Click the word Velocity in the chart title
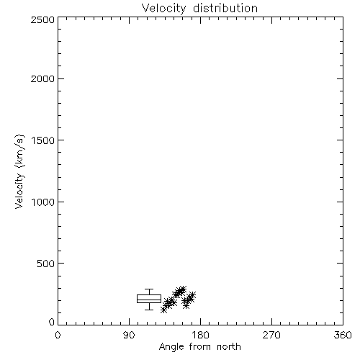point(163,9)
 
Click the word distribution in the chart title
point(225,8)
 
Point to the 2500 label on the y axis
point(42,19)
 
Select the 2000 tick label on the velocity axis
point(42,78)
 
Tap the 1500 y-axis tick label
point(43,140)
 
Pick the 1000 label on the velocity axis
point(43,202)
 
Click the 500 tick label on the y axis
point(46,264)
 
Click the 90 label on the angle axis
point(129,335)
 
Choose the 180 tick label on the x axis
point(200,335)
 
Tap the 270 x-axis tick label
point(271,335)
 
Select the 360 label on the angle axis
point(343,335)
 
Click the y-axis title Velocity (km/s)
point(19,172)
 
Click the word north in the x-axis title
point(229,347)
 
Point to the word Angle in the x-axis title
point(171,347)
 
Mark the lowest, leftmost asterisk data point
point(163,310)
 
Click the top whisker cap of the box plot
point(149,289)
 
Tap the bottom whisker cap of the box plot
point(149,310)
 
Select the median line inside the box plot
point(149,300)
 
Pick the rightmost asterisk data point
point(192,294)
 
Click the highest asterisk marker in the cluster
point(183,289)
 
